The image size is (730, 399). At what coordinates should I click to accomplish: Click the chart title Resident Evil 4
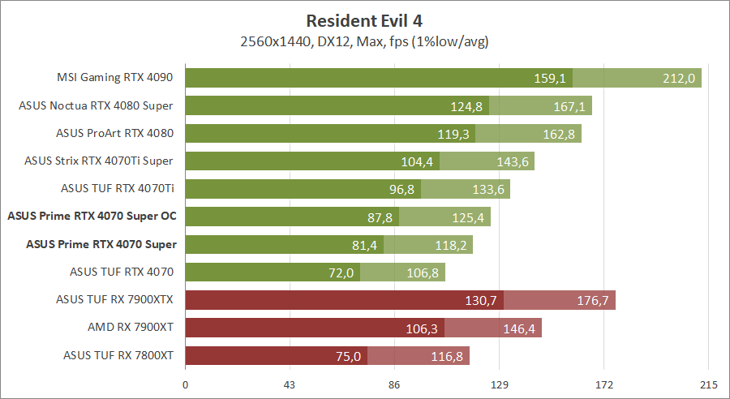364,20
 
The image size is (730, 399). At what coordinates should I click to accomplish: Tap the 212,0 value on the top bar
679,79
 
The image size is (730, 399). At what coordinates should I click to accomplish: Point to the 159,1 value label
550,79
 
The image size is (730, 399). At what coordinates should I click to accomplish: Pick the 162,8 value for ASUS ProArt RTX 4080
559,134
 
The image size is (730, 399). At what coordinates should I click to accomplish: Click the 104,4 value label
417,161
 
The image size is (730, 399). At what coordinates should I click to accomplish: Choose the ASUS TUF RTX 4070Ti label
118,188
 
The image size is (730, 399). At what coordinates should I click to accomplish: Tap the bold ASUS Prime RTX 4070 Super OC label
92,216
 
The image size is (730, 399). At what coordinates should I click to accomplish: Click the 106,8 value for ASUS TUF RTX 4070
423,272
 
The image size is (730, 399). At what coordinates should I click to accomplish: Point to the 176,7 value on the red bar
593,300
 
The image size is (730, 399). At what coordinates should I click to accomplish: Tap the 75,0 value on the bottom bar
345,355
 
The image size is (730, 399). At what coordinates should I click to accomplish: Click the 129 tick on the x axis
499,384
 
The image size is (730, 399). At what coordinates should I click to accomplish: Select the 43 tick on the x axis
290,384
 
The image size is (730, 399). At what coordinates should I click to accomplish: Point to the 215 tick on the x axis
708,384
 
